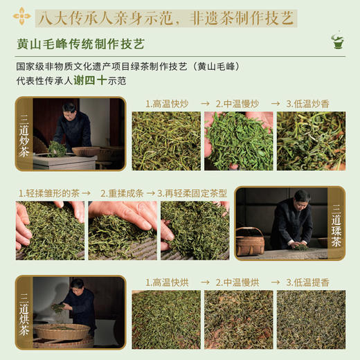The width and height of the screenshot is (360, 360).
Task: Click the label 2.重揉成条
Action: point(124,193)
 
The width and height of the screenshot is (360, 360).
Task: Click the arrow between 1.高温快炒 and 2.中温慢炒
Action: point(205,104)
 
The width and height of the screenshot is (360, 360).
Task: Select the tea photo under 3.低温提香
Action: point(311,319)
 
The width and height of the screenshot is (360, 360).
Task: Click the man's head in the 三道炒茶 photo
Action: point(69,109)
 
